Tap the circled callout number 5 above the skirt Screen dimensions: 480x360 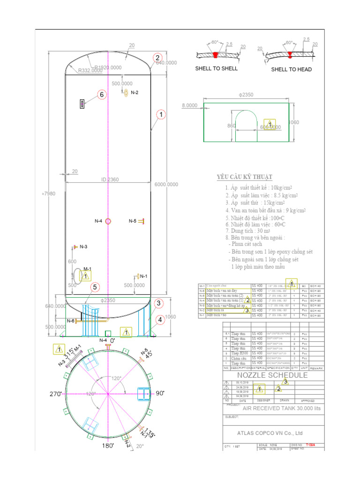pyautogui.click(x=95, y=287)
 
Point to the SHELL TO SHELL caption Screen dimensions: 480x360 pyautogui.click(x=217, y=68)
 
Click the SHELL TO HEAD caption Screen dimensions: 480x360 pyautogui.click(x=291, y=69)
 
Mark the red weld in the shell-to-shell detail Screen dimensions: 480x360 pyautogui.click(x=215, y=55)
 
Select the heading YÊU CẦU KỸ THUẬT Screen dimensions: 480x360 pyautogui.click(x=244, y=177)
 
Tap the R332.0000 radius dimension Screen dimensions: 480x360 pyautogui.click(x=90, y=71)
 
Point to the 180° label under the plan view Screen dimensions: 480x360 pyautogui.click(x=109, y=446)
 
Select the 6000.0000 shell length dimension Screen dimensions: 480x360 pyautogui.click(x=166, y=185)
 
